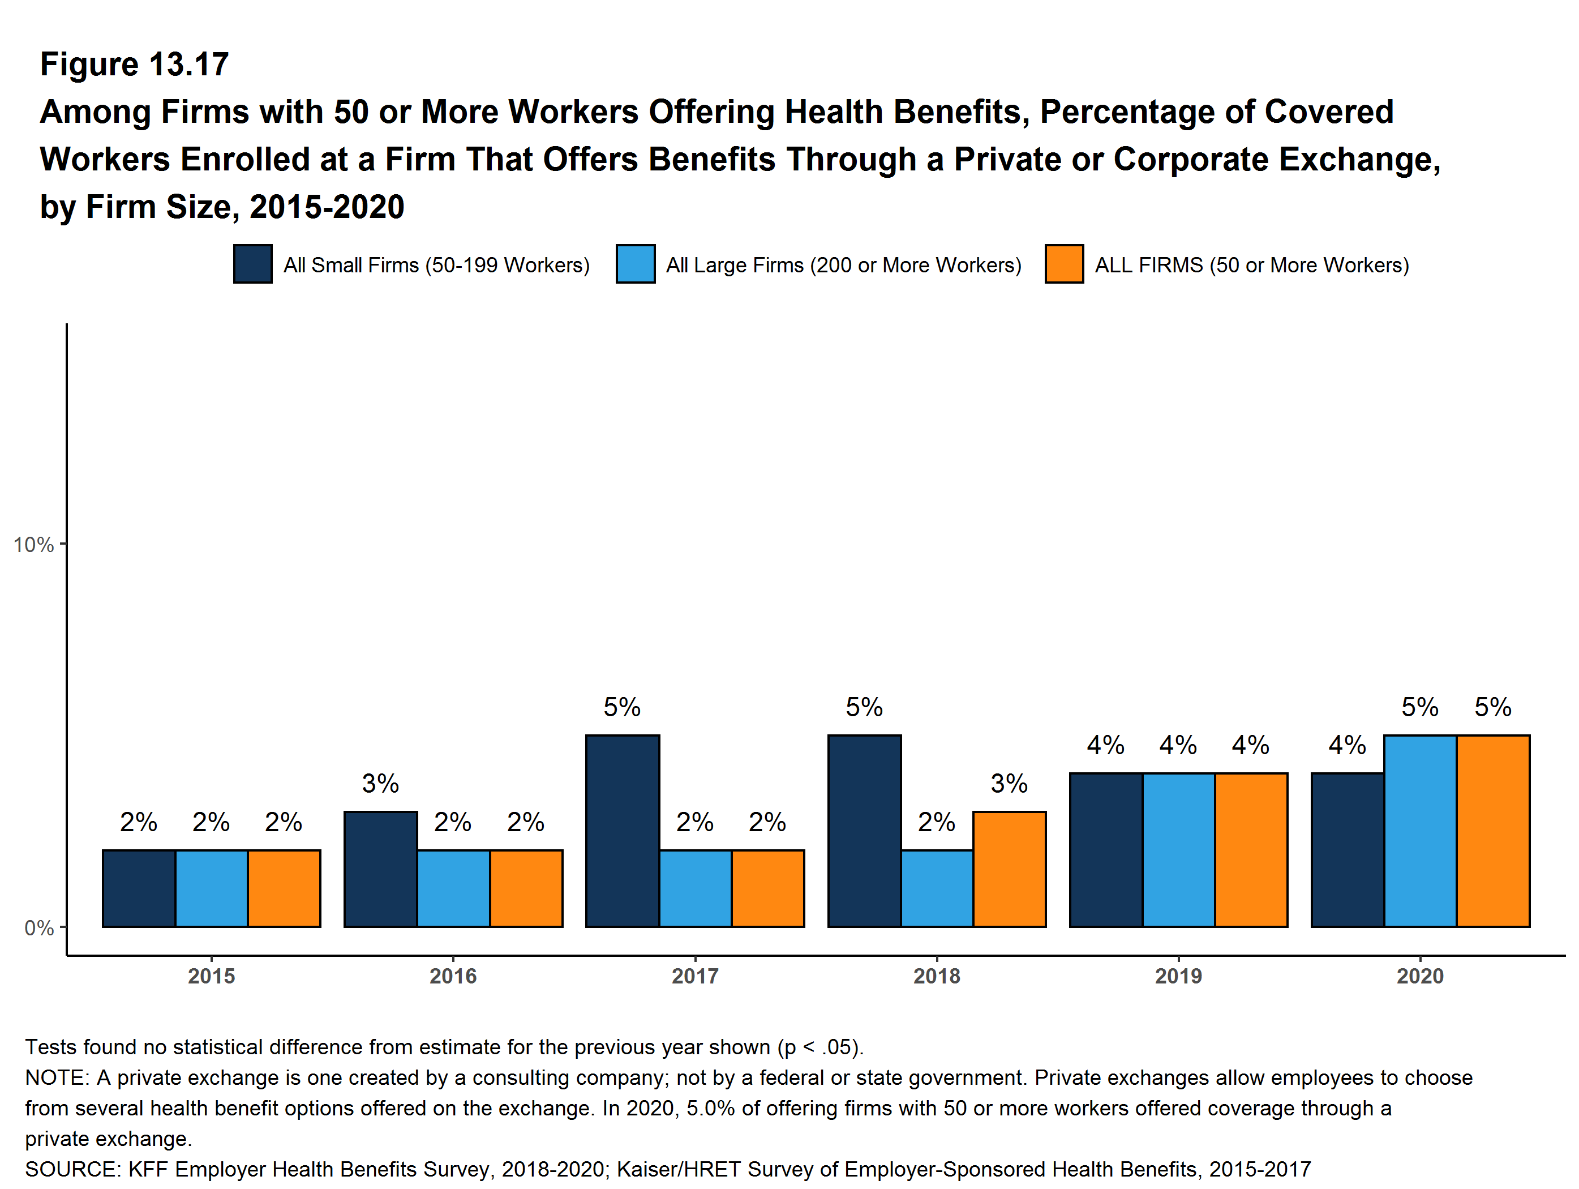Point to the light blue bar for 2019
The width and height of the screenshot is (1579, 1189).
pyautogui.click(x=1178, y=850)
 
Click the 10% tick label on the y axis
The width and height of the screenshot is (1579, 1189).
pyautogui.click(x=33, y=545)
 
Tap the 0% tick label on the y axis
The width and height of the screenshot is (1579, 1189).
pyautogui.click(x=38, y=927)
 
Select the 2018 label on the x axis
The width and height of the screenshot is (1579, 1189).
pyautogui.click(x=937, y=976)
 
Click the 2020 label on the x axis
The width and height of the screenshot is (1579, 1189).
pyautogui.click(x=1420, y=976)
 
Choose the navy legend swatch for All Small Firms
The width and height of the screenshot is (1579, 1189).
pyautogui.click(x=253, y=264)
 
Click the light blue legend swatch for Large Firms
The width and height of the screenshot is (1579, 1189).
pyautogui.click(x=636, y=264)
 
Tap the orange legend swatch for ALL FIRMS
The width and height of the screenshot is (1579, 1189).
pyautogui.click(x=1063, y=264)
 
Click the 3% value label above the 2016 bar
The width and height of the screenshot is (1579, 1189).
pyautogui.click(x=380, y=784)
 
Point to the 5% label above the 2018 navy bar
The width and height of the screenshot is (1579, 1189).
pyautogui.click(x=864, y=707)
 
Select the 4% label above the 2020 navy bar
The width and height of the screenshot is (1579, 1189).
pyautogui.click(x=1347, y=746)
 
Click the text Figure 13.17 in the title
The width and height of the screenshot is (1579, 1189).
pyautogui.click(x=134, y=65)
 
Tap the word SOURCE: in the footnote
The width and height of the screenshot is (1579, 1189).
pyautogui.click(x=73, y=1169)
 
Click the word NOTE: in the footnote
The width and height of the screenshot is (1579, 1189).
pyautogui.click(x=57, y=1077)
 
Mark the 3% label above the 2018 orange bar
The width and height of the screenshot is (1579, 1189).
pyautogui.click(x=1009, y=784)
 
